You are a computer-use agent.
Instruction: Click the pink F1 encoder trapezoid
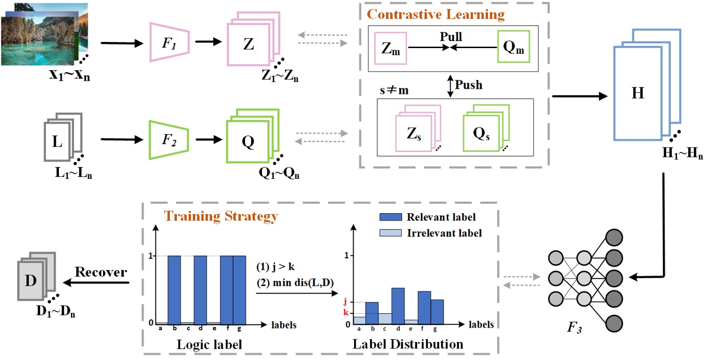click(x=169, y=42)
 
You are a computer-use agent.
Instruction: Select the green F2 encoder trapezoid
click(x=169, y=140)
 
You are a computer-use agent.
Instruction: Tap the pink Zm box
click(x=390, y=48)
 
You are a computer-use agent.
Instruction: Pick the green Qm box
click(x=514, y=47)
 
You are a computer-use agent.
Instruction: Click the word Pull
click(x=451, y=37)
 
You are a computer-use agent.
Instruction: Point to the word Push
click(x=469, y=85)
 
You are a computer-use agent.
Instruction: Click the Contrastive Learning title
click(x=435, y=14)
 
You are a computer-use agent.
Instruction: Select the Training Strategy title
click(x=221, y=216)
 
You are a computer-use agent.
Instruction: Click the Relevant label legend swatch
click(x=390, y=217)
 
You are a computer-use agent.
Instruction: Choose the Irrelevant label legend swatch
click(x=390, y=233)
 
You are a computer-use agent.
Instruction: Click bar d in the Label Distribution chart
click(x=398, y=306)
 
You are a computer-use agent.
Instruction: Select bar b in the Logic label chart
click(x=174, y=289)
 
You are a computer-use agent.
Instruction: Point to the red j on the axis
click(x=345, y=301)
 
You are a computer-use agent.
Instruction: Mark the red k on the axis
click(x=345, y=312)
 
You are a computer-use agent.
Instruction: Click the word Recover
click(x=101, y=272)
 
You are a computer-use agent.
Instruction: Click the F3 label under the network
click(x=574, y=327)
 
